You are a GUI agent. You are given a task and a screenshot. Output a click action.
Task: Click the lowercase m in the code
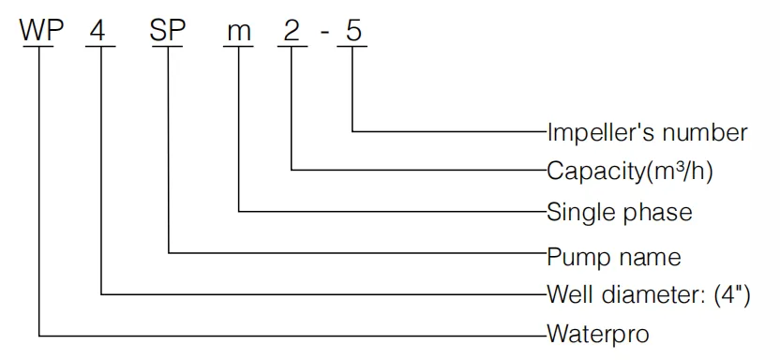point(239,33)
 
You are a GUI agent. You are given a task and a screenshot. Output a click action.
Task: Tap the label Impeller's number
point(647,132)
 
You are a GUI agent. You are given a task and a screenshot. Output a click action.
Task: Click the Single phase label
point(620,212)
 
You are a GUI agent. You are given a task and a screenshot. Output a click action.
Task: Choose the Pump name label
point(614,255)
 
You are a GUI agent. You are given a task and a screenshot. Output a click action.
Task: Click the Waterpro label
point(598,333)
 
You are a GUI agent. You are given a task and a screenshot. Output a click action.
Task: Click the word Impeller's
point(593,132)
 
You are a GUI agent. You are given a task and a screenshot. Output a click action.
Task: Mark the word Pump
point(574,255)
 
